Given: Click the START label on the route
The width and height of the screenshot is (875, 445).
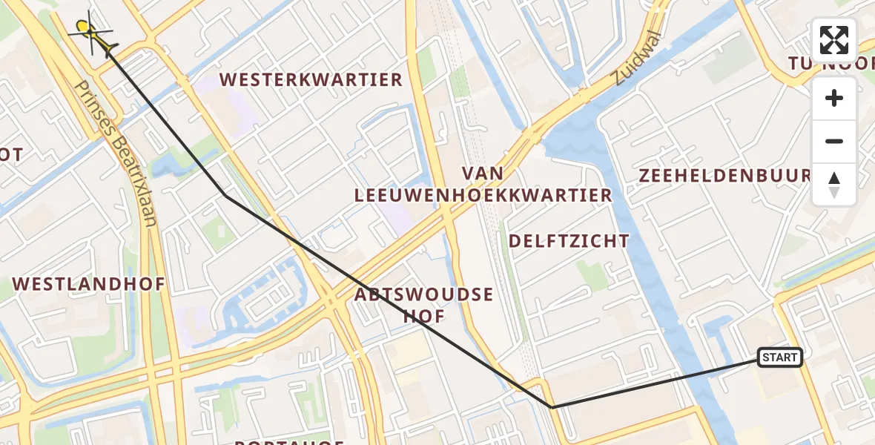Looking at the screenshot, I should (779, 358).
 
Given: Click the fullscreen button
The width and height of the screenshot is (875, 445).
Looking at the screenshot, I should (834, 40).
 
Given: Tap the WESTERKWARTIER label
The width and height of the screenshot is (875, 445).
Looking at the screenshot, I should (311, 79).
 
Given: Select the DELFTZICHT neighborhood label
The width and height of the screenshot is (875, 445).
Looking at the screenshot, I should (569, 241).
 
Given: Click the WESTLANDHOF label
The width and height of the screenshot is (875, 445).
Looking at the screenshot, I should (89, 284).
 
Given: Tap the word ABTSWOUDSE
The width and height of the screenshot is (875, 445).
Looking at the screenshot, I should (423, 294).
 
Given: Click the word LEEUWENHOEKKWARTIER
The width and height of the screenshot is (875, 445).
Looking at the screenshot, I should (483, 196).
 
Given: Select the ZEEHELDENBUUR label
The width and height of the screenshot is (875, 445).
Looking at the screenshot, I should (724, 176).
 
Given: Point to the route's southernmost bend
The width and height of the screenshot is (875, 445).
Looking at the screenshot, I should (552, 407).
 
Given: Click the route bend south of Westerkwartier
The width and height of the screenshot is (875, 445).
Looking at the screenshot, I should (225, 194).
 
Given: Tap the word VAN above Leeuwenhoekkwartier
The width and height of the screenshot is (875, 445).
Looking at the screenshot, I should (483, 174).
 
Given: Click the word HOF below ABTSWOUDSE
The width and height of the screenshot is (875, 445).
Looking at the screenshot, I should (423, 317).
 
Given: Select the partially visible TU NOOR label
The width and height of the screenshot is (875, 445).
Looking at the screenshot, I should (831, 65).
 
